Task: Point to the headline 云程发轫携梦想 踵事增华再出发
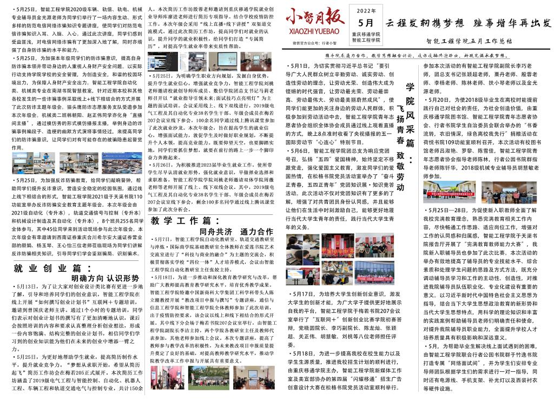tap(468, 23)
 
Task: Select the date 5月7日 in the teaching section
tap(163, 238)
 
